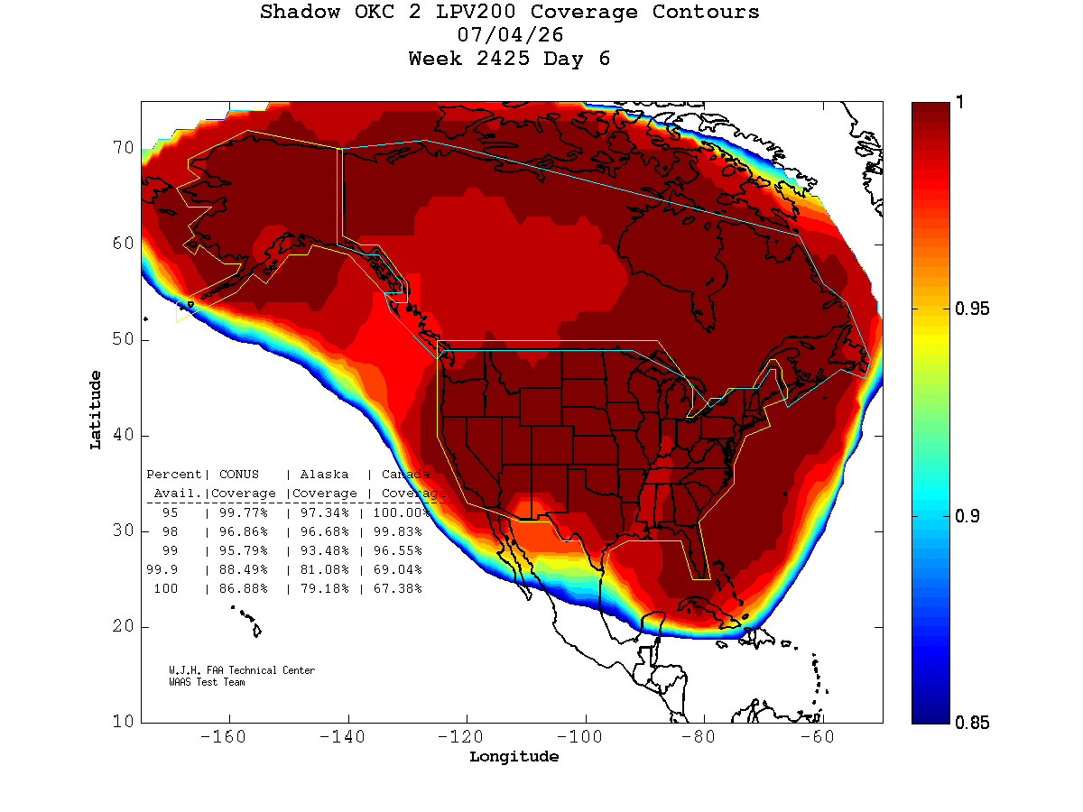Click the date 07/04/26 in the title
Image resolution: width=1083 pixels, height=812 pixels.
(x=510, y=35)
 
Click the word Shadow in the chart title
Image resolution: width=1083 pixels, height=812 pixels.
(x=300, y=12)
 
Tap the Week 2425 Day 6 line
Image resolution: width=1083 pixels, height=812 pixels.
(x=509, y=59)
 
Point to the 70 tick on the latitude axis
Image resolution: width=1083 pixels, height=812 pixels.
(x=123, y=147)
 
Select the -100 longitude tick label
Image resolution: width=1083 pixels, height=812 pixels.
(x=579, y=737)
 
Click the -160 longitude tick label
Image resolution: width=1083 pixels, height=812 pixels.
(x=223, y=737)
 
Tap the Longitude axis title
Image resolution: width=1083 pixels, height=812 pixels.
(x=514, y=757)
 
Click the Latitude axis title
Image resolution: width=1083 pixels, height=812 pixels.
(x=96, y=411)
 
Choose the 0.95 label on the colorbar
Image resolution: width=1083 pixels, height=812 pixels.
(x=971, y=309)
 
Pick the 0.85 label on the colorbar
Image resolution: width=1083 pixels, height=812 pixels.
(x=971, y=724)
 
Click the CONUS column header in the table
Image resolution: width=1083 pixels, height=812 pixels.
(x=239, y=475)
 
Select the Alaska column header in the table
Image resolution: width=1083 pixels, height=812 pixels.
(x=324, y=475)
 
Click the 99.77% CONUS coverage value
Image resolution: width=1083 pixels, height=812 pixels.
(x=244, y=512)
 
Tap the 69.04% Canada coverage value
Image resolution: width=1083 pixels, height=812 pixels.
(x=397, y=570)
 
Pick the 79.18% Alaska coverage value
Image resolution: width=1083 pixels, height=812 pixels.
(x=324, y=588)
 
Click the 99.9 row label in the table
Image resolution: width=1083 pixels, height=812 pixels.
(x=162, y=570)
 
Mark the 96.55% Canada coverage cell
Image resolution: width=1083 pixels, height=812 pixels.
(x=397, y=550)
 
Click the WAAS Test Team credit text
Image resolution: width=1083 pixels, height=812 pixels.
(x=207, y=682)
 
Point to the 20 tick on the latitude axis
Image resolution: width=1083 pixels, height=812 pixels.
(x=123, y=626)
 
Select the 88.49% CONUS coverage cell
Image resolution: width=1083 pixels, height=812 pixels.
(x=244, y=570)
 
